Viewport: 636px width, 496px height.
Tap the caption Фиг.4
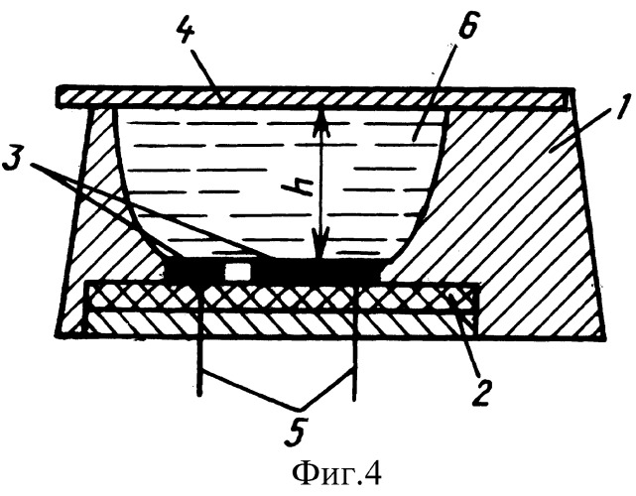[x=336, y=474]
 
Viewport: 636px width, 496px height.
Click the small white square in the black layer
[x=238, y=271]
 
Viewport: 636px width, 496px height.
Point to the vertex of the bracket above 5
[x=300, y=408]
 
